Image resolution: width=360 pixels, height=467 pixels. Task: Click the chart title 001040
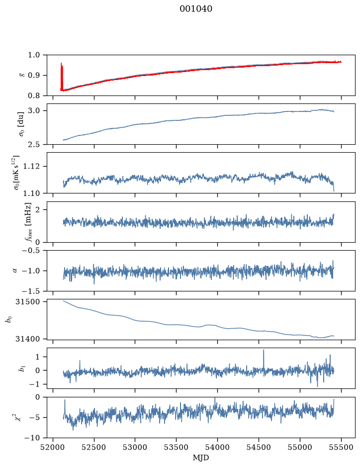pyautogui.click(x=195, y=9)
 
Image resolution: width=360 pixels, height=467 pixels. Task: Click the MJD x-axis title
pyautogui.click(x=201, y=458)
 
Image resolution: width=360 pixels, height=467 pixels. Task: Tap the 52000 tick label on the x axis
pyautogui.click(x=53, y=447)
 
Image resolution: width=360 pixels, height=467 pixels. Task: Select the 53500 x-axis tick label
pyautogui.click(x=177, y=447)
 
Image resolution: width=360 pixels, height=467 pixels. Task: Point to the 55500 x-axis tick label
pyautogui.click(x=341, y=447)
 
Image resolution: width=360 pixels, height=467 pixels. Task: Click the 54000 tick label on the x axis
pyautogui.click(x=217, y=447)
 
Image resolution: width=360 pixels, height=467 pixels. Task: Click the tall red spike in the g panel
pyautogui.click(x=62, y=77)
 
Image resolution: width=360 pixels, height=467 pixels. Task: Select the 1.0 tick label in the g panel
pyautogui.click(x=34, y=55)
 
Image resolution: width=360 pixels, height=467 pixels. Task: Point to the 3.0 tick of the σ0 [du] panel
pyautogui.click(x=34, y=111)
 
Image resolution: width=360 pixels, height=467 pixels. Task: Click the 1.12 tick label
pyautogui.click(x=31, y=166)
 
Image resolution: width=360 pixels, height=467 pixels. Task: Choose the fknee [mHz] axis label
pyautogui.click(x=28, y=222)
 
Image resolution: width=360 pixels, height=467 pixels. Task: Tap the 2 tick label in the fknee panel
pyautogui.click(x=37, y=210)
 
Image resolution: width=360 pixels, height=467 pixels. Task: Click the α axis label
pyautogui.click(x=15, y=271)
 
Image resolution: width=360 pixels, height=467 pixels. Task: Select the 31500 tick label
pyautogui.click(x=27, y=302)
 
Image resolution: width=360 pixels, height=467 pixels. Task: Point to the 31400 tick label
pyautogui.click(x=27, y=339)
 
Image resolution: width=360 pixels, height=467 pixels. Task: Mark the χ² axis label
pyautogui.click(x=19, y=417)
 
